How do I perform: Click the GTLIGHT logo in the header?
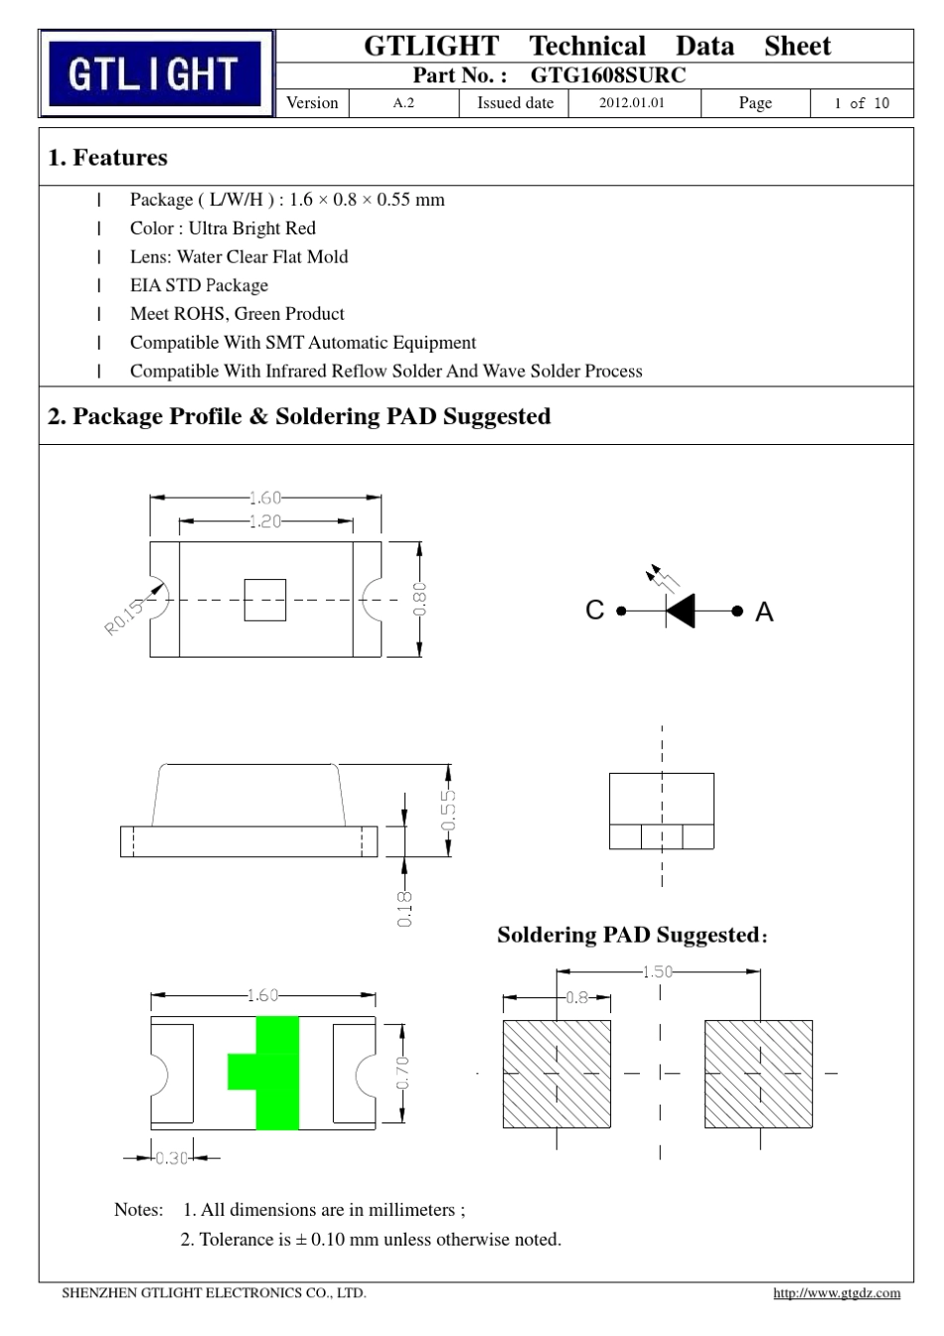(x=155, y=74)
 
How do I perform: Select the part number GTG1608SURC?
(x=608, y=75)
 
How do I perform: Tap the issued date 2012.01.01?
(x=631, y=102)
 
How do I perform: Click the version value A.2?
(x=403, y=103)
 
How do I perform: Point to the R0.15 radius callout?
(x=124, y=617)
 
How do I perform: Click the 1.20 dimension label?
(x=265, y=521)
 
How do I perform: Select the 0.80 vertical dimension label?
(x=420, y=599)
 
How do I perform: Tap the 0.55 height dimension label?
(x=449, y=810)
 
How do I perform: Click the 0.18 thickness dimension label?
(x=404, y=909)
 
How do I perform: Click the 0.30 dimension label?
(x=172, y=1158)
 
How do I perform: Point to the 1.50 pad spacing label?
(x=657, y=971)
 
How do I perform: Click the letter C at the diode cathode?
(x=595, y=610)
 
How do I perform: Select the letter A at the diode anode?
(x=764, y=612)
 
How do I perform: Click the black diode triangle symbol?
(x=681, y=611)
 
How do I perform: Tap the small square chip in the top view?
(x=265, y=600)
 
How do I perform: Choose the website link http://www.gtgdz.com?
(x=837, y=1293)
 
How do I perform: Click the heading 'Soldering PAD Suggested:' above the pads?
(x=632, y=935)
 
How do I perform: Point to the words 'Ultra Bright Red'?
(x=252, y=227)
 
